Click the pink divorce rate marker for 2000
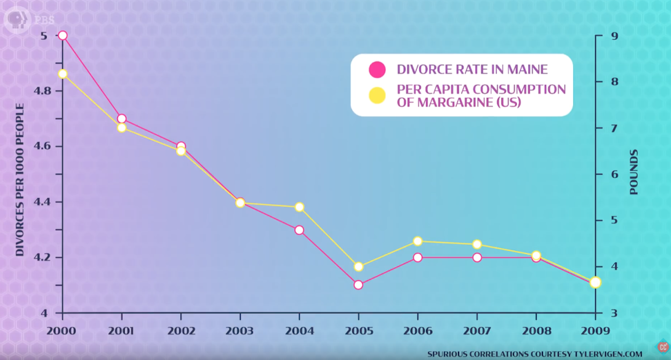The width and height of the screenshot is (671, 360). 62,35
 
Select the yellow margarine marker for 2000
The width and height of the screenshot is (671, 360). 62,74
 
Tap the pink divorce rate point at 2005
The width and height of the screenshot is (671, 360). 358,285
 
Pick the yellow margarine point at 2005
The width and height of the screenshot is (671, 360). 358,267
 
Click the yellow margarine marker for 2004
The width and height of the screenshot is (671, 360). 299,207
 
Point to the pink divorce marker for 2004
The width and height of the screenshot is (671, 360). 299,230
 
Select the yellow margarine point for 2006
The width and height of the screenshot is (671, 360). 417,241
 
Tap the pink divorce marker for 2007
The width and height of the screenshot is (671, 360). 476,257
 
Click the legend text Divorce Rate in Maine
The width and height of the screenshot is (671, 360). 472,70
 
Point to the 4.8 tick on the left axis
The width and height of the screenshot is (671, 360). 44,91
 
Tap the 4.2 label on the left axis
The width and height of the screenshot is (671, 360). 44,257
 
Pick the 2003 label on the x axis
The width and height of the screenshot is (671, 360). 240,331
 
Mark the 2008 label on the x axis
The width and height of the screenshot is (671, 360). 536,331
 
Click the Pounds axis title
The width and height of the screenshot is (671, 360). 634,172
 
